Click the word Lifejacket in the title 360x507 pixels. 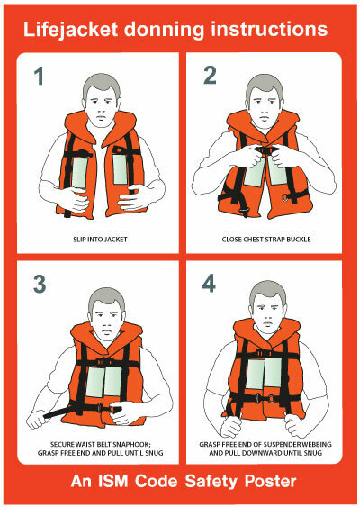(70, 30)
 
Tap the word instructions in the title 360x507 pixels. (269, 29)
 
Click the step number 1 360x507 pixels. (39, 76)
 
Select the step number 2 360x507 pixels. (210, 76)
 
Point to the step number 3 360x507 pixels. (40, 284)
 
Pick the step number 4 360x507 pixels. (209, 284)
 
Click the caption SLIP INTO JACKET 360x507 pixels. (100, 240)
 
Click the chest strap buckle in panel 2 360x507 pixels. (267, 149)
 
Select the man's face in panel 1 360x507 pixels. (102, 108)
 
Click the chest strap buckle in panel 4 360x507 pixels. (264, 353)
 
